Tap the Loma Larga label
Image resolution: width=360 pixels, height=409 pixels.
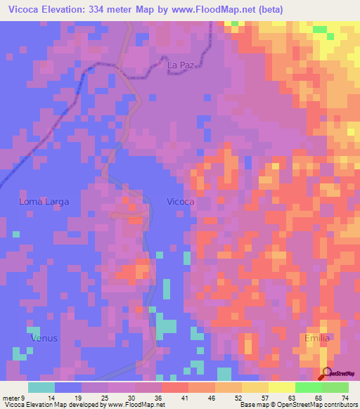44,202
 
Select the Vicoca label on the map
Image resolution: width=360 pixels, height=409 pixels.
181,202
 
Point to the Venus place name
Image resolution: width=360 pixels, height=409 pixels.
44,338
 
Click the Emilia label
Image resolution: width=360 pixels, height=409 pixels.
317,338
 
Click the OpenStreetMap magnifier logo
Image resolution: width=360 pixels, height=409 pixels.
327,373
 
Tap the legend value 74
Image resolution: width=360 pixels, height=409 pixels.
344,397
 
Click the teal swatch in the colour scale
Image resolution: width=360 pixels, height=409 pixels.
41,387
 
